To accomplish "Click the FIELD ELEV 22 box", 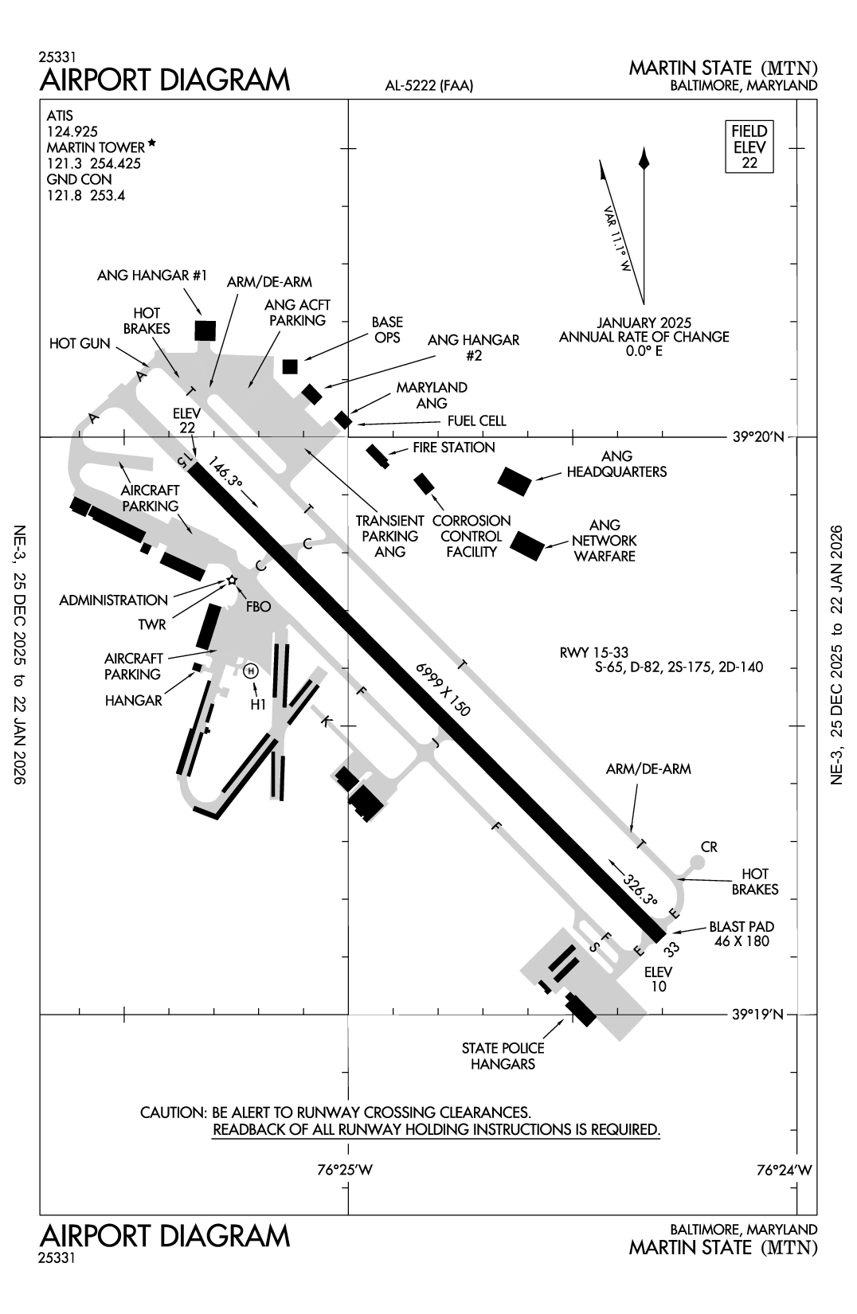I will point(749,147).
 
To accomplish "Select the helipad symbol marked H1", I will point(251,671).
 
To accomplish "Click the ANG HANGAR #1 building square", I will point(205,330).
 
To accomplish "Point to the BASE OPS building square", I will point(290,366).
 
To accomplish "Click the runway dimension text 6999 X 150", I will point(442,689).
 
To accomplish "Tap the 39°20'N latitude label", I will point(757,436).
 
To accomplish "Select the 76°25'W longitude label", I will point(345,1170).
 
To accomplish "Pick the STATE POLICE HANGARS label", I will point(503,1056).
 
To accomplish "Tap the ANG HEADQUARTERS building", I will point(515,481).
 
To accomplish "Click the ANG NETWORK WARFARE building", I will point(526,546).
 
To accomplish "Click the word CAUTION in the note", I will point(173,1112).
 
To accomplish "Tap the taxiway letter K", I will point(325,721).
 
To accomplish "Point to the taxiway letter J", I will point(435,743).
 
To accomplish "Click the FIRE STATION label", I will point(453,448).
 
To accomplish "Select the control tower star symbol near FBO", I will point(232,580).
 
